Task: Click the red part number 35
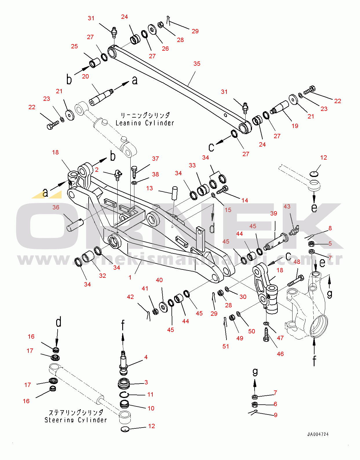(197, 64)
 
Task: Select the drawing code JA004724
(318, 435)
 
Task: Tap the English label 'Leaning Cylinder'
(145, 123)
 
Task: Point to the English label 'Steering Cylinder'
(76, 420)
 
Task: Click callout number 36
(56, 207)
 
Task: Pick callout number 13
(149, 188)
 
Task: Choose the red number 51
(226, 346)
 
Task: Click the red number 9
(275, 415)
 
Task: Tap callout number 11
(150, 395)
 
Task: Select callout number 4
(146, 357)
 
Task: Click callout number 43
(287, 207)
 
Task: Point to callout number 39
(274, 213)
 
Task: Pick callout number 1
(130, 277)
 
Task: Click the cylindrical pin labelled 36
(76, 225)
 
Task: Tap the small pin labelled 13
(175, 193)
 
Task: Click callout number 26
(165, 48)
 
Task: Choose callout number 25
(74, 46)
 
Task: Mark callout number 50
(251, 331)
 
